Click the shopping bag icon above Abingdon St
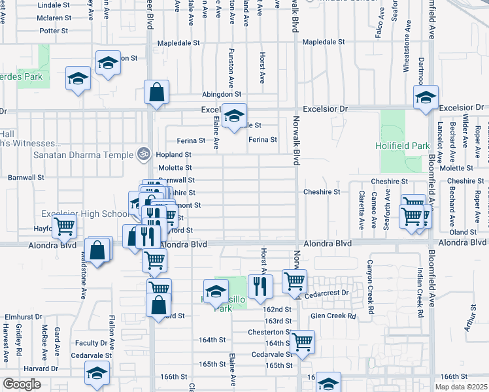(x=157, y=93)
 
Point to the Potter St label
(x=54, y=31)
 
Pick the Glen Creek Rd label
(x=333, y=316)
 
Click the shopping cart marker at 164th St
(x=302, y=341)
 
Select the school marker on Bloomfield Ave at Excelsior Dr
(x=426, y=98)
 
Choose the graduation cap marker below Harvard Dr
(x=96, y=375)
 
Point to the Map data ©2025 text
(x=460, y=386)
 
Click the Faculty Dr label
(x=90, y=343)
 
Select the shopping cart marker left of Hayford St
(x=64, y=227)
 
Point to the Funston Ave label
(x=231, y=68)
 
